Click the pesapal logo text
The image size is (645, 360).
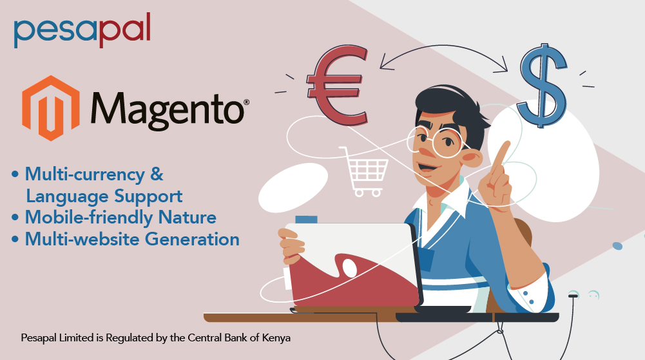tap(82, 30)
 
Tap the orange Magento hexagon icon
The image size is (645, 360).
tap(51, 108)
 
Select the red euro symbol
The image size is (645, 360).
tap(337, 86)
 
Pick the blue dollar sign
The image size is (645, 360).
tap(542, 85)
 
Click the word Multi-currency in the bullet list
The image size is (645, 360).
tap(85, 175)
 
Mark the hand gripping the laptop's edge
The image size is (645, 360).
tap(291, 247)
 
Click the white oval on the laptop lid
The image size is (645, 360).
tap(350, 268)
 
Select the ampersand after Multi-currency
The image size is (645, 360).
tap(157, 175)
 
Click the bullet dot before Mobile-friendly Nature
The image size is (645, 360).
tap(15, 218)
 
